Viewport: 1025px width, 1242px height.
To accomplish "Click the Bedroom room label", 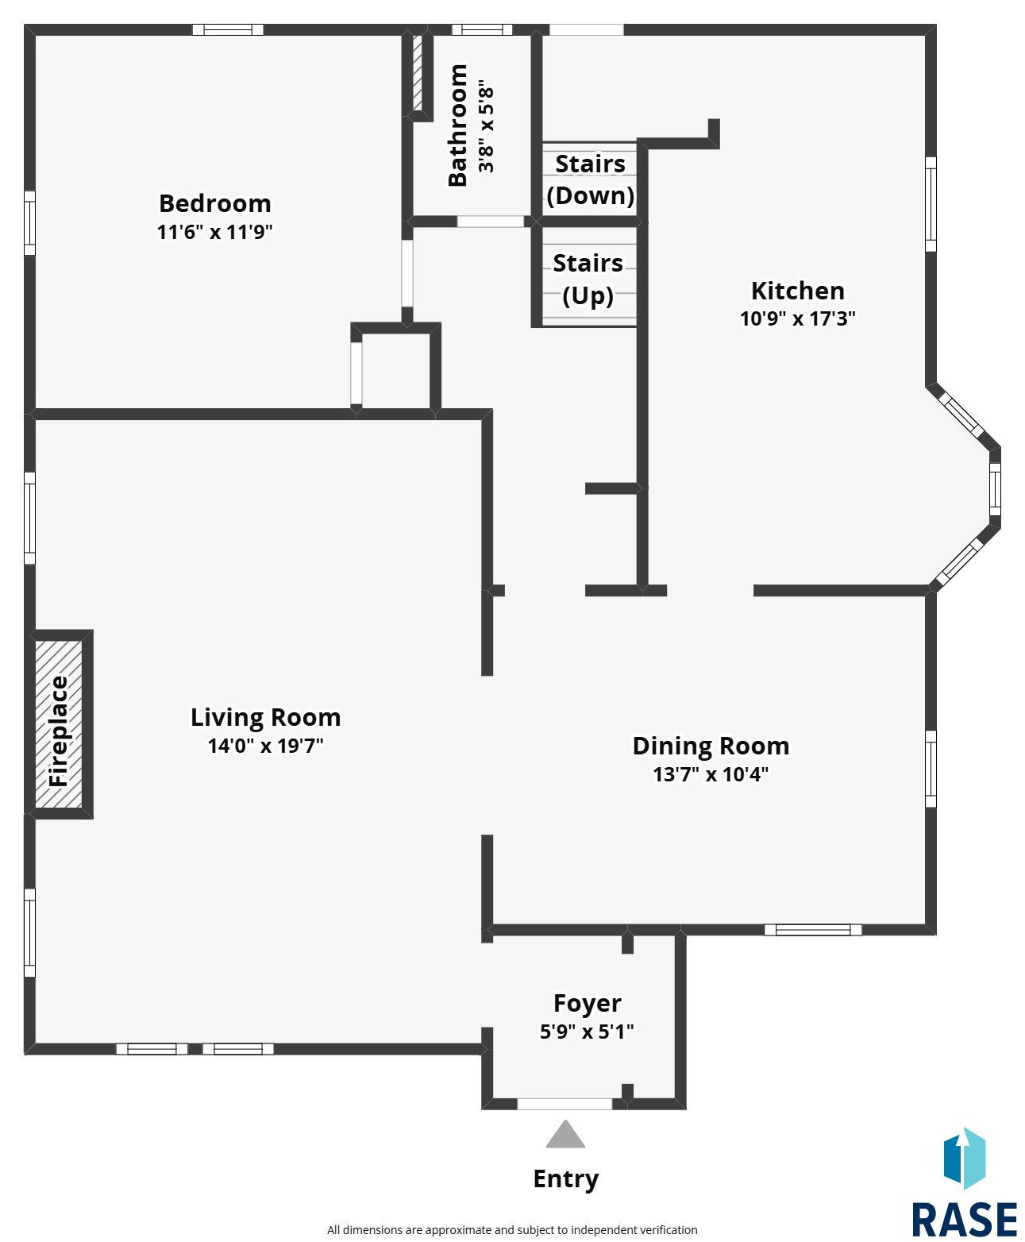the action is (214, 203).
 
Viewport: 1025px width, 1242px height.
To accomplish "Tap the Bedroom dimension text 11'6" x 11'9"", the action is (214, 231).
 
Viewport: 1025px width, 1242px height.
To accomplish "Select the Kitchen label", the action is (797, 291).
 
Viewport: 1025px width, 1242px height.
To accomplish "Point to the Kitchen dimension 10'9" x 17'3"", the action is (797, 318).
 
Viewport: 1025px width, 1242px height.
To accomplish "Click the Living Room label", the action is (265, 717).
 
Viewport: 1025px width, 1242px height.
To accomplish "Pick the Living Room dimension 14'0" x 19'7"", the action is (265, 746).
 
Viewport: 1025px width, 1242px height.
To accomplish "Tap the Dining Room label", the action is (711, 746).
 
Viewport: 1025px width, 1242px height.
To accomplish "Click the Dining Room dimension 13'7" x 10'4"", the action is (711, 774).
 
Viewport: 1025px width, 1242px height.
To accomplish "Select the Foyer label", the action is (588, 1004).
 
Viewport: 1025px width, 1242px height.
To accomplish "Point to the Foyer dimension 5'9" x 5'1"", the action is (587, 1031).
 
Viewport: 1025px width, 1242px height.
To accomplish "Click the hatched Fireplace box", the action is (58, 723).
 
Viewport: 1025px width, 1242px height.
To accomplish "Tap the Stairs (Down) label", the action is (590, 179).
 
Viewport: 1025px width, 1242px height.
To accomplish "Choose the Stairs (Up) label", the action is (588, 279).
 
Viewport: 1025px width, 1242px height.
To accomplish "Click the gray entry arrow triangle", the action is (565, 1135).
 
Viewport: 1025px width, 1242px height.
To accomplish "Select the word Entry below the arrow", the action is (565, 1179).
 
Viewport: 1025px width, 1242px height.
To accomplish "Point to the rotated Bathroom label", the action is (457, 125).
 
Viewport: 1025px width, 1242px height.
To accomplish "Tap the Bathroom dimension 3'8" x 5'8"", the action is (485, 125).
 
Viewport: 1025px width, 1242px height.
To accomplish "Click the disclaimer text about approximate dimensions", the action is (512, 1229).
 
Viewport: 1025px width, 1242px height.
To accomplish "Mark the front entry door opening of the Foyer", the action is (565, 1103).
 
